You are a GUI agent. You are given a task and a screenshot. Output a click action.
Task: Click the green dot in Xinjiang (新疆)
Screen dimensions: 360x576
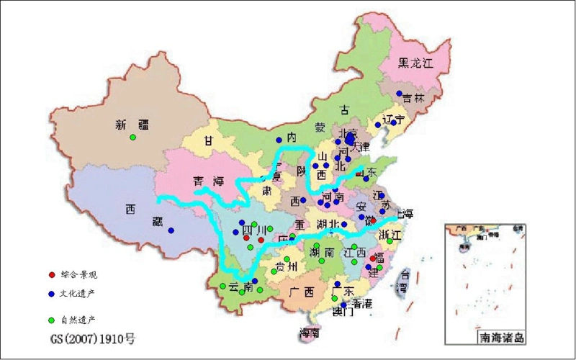click(132, 138)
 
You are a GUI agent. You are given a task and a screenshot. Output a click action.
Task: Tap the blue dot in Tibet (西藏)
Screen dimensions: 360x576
click(171, 230)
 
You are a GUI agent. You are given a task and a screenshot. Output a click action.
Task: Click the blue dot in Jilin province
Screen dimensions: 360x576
click(399, 94)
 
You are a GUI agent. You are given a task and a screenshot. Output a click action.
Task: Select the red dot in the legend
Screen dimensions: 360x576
click(50, 275)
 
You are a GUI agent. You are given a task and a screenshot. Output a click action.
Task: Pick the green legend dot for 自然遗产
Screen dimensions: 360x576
click(50, 319)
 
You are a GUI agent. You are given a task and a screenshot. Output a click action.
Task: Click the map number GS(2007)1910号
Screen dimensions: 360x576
click(92, 336)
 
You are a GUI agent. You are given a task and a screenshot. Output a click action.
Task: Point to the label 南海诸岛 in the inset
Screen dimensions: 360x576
click(502, 337)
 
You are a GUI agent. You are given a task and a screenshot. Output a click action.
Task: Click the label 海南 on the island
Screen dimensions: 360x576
click(310, 333)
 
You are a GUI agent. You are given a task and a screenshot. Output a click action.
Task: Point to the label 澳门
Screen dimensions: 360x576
click(341, 313)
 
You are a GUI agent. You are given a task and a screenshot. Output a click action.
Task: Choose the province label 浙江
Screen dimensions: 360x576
click(392, 235)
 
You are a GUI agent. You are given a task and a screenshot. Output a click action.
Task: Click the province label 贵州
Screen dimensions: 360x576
click(287, 267)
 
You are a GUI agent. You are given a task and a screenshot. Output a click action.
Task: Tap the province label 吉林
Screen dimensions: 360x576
click(413, 98)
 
